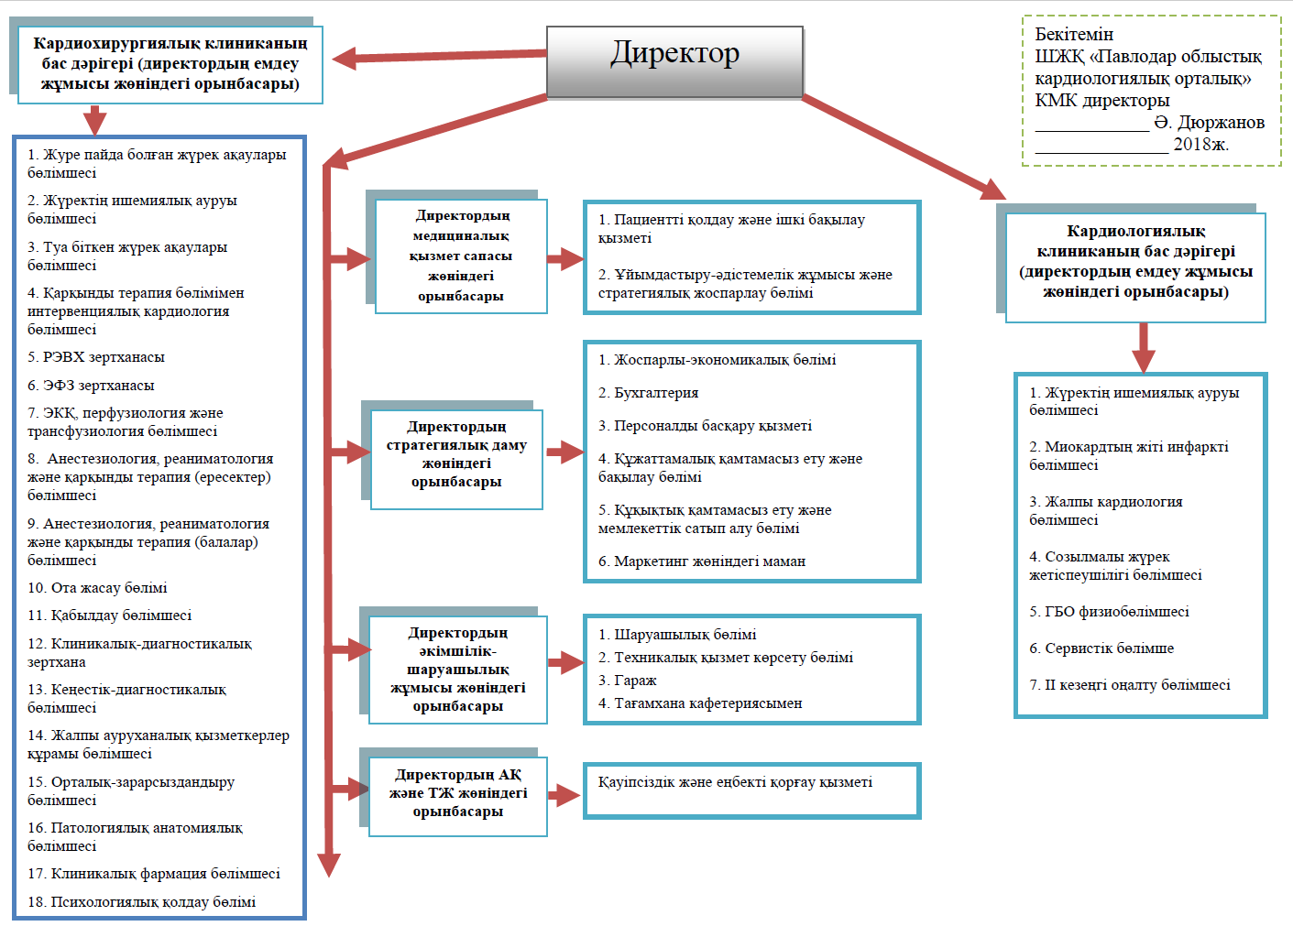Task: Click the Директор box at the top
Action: point(674,61)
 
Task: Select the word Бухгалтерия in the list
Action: point(656,393)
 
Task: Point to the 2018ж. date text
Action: point(1200,144)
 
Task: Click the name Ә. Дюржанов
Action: point(1210,123)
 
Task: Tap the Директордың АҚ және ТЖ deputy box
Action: point(458,796)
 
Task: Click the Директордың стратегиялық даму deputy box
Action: point(456,459)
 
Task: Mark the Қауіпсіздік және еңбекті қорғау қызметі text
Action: point(735,782)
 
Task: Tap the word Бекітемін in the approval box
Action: point(1074,35)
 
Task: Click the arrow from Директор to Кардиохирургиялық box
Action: point(439,57)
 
